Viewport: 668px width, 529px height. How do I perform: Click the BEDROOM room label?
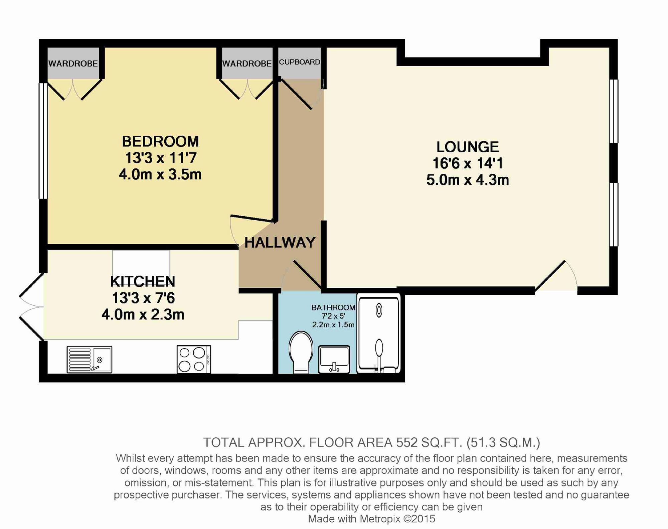pyautogui.click(x=160, y=141)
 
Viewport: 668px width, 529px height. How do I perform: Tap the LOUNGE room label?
pyautogui.click(x=468, y=147)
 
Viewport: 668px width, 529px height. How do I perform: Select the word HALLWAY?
pyautogui.click(x=280, y=243)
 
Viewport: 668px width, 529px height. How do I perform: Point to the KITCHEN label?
pyautogui.click(x=143, y=282)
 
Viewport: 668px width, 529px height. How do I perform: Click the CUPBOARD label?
pyautogui.click(x=300, y=62)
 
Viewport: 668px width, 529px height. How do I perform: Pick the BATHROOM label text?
pyautogui.click(x=333, y=307)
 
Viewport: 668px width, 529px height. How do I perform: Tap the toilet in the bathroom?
pyautogui.click(x=301, y=352)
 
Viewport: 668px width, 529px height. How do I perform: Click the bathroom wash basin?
pyautogui.click(x=334, y=359)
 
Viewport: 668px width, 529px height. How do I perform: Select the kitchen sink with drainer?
pyautogui.click(x=89, y=359)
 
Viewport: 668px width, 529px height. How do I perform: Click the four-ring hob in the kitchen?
pyautogui.click(x=194, y=359)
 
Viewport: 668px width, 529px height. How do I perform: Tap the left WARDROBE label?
pyautogui.click(x=73, y=63)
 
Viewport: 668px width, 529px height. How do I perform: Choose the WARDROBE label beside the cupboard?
pyautogui.click(x=247, y=63)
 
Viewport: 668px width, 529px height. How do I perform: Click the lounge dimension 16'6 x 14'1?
pyautogui.click(x=468, y=163)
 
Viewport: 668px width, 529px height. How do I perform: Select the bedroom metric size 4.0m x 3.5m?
pyautogui.click(x=160, y=174)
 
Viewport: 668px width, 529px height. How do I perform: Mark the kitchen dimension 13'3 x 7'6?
pyautogui.click(x=143, y=298)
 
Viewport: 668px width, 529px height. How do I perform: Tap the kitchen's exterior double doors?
pyautogui.click(x=31, y=306)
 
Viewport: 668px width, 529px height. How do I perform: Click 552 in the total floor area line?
pyautogui.click(x=406, y=442)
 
